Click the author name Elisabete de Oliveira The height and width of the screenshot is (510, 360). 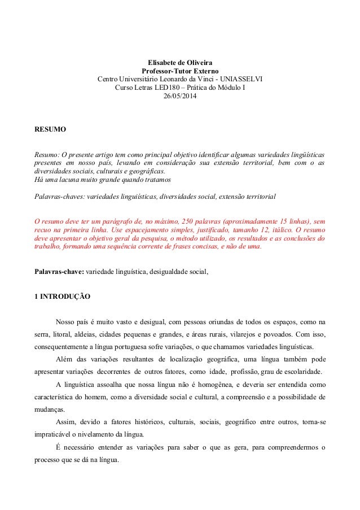180,62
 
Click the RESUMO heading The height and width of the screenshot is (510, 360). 50,130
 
